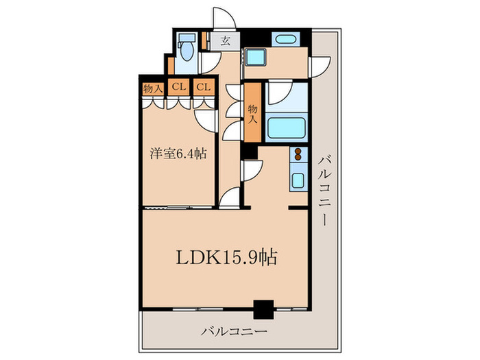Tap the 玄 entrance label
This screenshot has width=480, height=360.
point(225,40)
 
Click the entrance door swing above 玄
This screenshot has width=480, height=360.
point(224,19)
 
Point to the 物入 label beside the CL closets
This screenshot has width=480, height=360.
point(153,87)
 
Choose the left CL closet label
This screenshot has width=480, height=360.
point(178,87)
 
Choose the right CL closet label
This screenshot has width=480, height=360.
point(203,87)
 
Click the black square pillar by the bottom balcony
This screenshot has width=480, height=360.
point(263,310)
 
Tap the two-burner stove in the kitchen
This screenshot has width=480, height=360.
point(299,156)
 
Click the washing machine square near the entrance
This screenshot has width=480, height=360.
point(256,58)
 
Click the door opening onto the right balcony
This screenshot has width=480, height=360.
point(318,67)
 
